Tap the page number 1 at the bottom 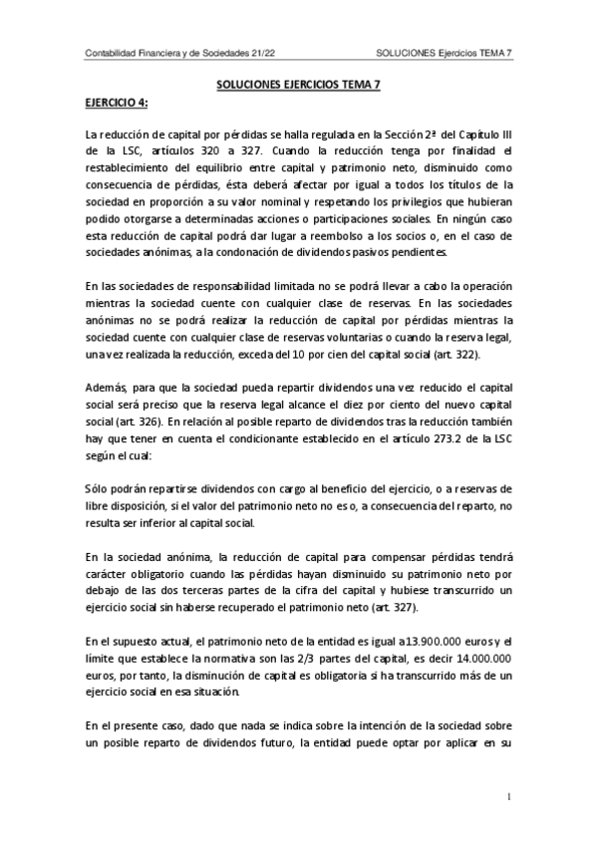point(508,797)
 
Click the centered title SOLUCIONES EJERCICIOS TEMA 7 point(298,86)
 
